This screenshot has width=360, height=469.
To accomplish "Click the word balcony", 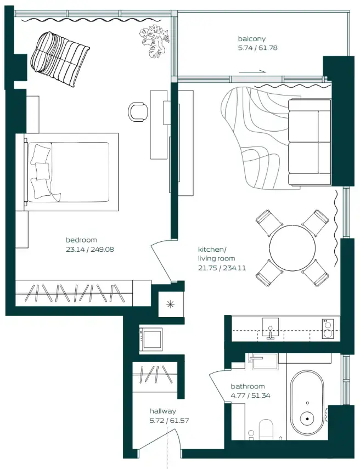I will (x=251, y=39).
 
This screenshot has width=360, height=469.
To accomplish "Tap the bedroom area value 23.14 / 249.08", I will (x=89, y=249).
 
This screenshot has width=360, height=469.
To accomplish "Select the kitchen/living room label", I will (x=216, y=254).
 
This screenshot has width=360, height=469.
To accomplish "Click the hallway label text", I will (x=162, y=411).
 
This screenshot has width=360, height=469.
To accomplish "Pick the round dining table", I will (x=292, y=248).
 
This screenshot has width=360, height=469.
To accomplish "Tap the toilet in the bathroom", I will (x=266, y=429).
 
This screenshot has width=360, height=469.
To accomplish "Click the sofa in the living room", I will (x=310, y=142).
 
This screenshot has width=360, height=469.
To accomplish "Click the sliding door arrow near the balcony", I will (x=252, y=71).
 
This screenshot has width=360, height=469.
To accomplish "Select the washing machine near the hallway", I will (x=150, y=339).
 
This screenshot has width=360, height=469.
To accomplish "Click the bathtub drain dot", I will (x=307, y=420).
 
